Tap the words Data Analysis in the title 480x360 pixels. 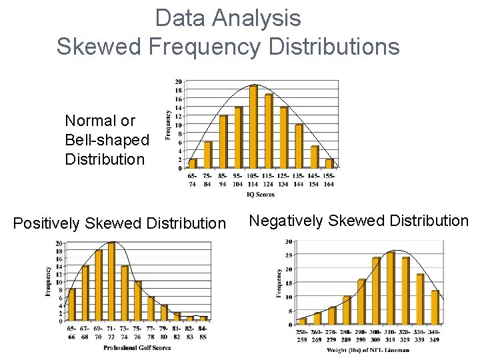[x=228, y=17]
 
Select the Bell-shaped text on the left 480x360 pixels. [x=107, y=140]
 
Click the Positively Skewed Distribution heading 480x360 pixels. [x=119, y=223]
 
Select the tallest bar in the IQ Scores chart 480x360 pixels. [x=253, y=127]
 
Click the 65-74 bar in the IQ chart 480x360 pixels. [x=193, y=163]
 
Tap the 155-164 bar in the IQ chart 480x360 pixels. [x=329, y=163]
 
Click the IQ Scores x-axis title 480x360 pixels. [x=260, y=194]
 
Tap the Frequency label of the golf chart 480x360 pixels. [x=49, y=281]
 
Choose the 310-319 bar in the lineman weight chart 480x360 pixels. [x=391, y=288]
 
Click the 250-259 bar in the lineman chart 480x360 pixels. [x=303, y=321]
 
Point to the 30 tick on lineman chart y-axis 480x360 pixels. [x=288, y=241]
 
